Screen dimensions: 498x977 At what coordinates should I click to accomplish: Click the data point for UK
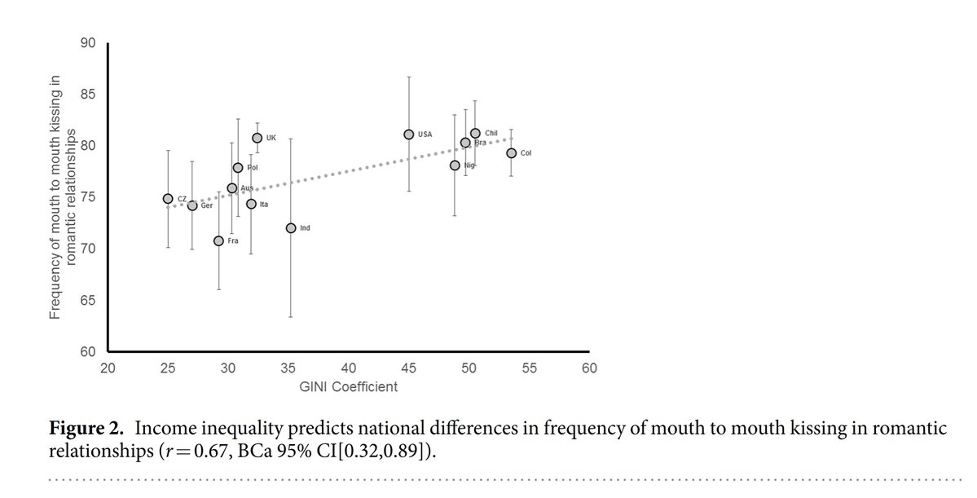[257, 138]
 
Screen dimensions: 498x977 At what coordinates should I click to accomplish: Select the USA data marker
[408, 134]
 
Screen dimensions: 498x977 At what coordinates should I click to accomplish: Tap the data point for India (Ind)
[290, 227]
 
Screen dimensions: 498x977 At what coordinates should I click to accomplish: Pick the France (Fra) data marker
[218, 240]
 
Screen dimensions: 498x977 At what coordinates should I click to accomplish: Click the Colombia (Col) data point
[511, 152]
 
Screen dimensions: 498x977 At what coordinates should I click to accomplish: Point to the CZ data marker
[168, 198]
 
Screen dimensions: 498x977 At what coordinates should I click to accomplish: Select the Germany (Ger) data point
[192, 205]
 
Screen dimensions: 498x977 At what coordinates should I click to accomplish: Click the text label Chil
[491, 133]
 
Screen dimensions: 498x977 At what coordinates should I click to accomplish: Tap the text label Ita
[263, 205]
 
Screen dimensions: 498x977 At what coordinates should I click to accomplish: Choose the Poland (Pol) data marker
[238, 167]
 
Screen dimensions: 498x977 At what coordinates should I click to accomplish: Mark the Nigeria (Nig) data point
[455, 165]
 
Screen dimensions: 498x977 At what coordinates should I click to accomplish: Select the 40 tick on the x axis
[349, 368]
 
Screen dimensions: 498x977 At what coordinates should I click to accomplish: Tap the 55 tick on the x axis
[529, 368]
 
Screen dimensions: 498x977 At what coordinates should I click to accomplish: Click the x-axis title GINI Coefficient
[349, 387]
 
